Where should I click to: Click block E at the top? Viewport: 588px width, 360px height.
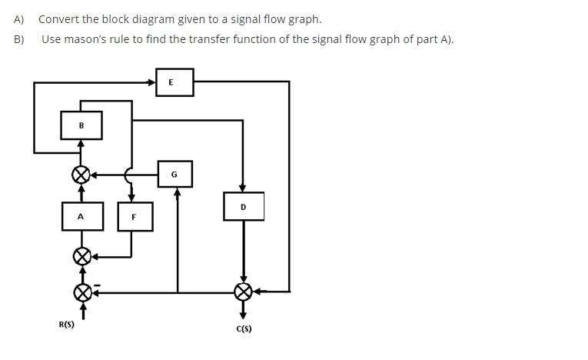click(174, 82)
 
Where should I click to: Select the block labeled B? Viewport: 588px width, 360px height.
click(81, 125)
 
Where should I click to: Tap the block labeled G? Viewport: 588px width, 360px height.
click(174, 175)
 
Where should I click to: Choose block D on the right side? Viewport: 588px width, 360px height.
click(244, 206)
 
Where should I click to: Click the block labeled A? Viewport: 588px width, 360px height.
click(81, 216)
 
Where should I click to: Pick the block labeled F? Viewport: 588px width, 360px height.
click(135, 217)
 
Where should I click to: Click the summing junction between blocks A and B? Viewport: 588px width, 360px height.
click(81, 175)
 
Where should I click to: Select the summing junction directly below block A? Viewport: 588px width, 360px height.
click(81, 255)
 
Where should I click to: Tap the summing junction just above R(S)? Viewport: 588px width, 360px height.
click(81, 292)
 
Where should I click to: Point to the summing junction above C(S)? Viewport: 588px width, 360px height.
click(244, 292)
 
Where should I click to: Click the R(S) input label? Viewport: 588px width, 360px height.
click(67, 325)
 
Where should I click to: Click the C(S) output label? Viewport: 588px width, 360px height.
click(244, 328)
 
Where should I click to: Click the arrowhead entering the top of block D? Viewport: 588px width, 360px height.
click(243, 188)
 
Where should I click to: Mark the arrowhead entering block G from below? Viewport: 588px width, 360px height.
click(178, 192)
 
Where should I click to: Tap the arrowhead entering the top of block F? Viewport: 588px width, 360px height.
click(131, 198)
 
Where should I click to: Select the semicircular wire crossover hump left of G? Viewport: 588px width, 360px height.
click(128, 175)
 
